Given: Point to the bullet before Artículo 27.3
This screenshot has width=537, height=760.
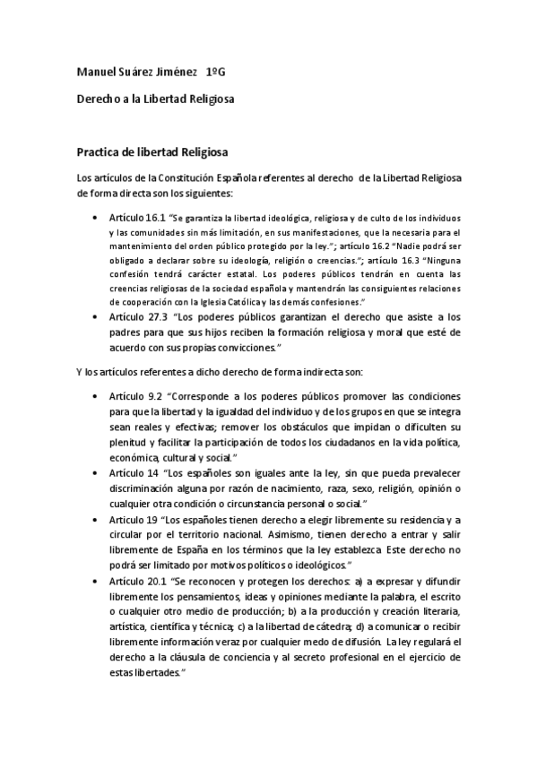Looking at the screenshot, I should tap(97, 317).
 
